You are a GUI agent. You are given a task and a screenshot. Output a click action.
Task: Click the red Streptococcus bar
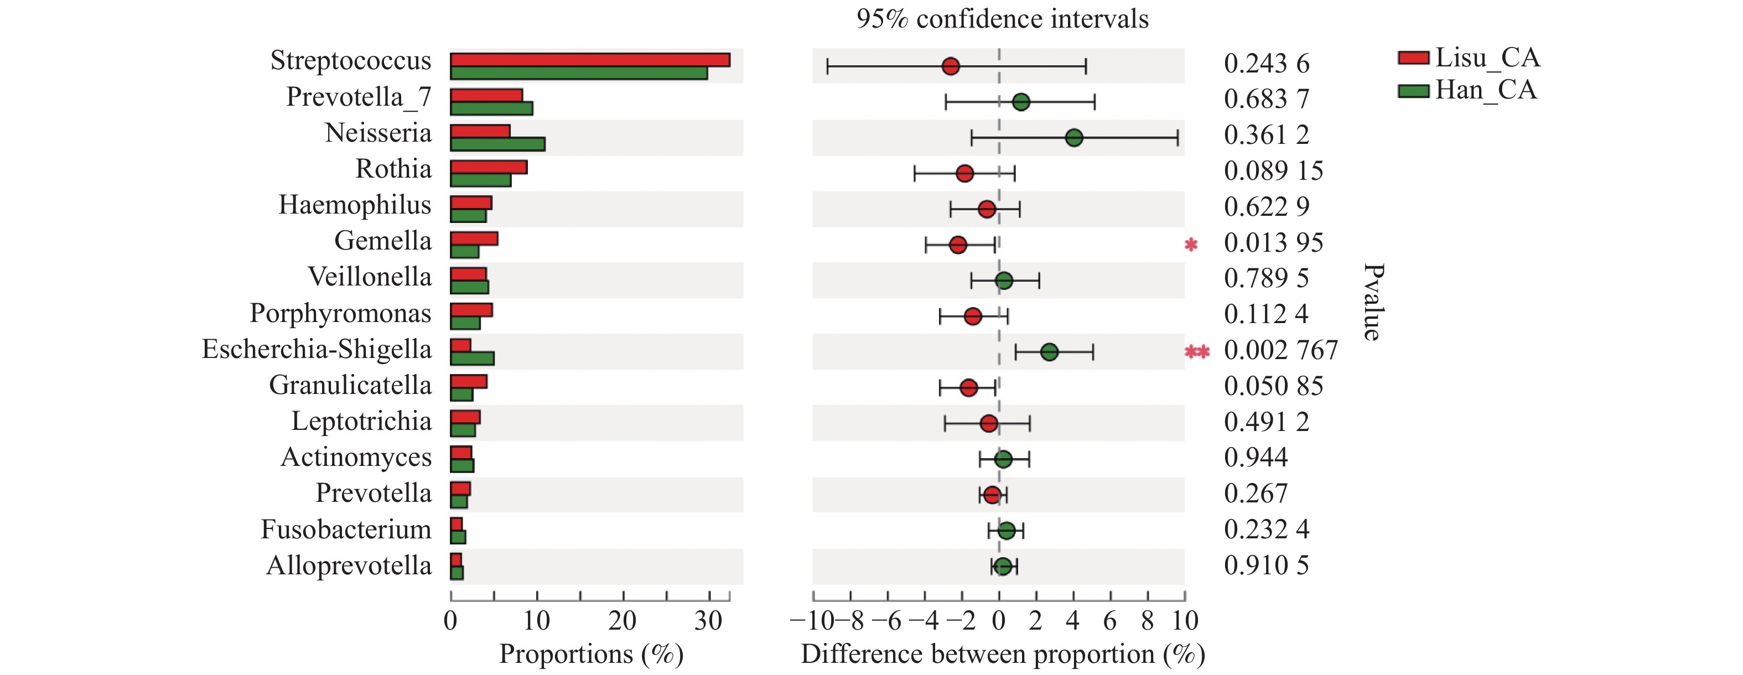point(589,60)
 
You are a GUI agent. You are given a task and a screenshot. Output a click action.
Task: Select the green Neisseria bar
point(497,144)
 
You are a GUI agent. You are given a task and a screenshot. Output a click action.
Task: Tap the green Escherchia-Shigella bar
point(473,359)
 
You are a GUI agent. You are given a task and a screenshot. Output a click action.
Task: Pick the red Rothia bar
point(489,167)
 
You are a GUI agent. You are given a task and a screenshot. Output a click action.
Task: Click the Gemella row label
point(382,241)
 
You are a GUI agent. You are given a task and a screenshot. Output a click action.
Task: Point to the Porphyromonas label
point(340,313)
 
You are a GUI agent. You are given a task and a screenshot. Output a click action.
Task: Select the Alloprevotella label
point(349,565)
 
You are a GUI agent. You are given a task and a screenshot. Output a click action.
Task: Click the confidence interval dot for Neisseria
point(1073,138)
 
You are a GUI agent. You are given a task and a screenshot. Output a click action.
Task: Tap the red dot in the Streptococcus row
point(951,66)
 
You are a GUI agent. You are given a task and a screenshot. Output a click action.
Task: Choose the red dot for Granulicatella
point(969,387)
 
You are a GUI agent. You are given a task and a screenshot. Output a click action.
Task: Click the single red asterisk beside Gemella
point(1191,244)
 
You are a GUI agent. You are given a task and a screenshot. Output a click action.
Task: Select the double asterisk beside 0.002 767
point(1197,352)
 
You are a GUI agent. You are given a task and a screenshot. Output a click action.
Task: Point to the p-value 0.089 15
point(1273,171)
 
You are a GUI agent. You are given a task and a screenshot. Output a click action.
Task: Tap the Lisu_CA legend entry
point(1469,58)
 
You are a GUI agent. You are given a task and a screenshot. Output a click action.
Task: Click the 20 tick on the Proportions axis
point(622,620)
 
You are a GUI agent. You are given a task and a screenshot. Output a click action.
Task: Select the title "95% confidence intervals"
point(1002,19)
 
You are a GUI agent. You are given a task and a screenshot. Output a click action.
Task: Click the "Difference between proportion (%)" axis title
point(1003,654)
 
